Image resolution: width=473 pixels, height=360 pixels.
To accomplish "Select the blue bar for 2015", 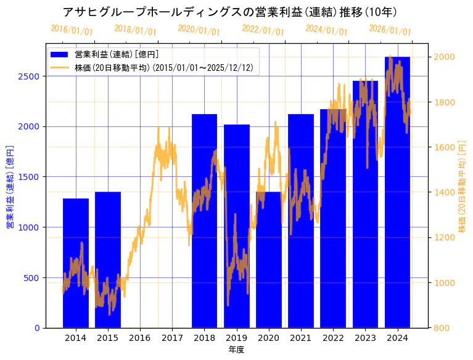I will click(x=108, y=260).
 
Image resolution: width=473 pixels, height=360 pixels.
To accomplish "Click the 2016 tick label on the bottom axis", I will click(x=140, y=337).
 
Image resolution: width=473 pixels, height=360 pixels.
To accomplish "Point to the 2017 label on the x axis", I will click(x=172, y=337).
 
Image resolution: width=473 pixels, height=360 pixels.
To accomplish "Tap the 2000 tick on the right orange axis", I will click(x=445, y=57).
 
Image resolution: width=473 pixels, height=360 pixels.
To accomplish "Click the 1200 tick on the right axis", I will click(x=445, y=237).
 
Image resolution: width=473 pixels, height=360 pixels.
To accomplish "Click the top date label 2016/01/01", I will click(x=72, y=30).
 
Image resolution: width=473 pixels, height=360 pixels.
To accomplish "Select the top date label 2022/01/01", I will click(x=263, y=30).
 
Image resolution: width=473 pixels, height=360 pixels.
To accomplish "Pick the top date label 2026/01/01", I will click(x=390, y=30).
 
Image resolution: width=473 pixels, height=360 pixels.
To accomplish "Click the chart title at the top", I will click(x=229, y=12).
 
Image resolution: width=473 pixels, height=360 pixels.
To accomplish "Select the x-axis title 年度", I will click(x=236, y=350).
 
